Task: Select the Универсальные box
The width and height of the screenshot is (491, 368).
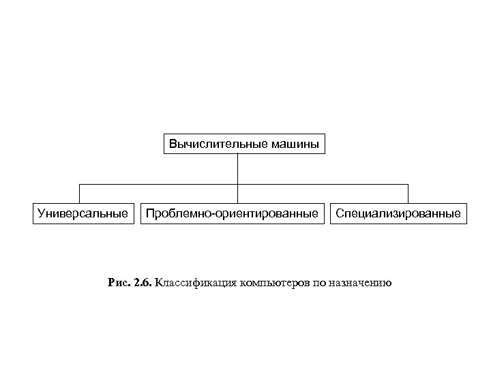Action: tap(83, 214)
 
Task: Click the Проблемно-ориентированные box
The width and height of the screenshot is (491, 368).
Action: tap(233, 214)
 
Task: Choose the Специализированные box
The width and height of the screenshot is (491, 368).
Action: tap(398, 214)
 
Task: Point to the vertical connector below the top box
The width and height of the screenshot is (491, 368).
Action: tap(237, 169)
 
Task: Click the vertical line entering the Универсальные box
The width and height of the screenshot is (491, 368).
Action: tap(80, 194)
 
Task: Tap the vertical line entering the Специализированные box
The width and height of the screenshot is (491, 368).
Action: tap(408, 194)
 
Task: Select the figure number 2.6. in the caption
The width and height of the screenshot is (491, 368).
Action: tap(143, 282)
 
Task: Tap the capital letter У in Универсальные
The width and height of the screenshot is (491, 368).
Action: tap(41, 214)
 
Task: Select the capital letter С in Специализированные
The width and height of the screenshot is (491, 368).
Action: tap(339, 214)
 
